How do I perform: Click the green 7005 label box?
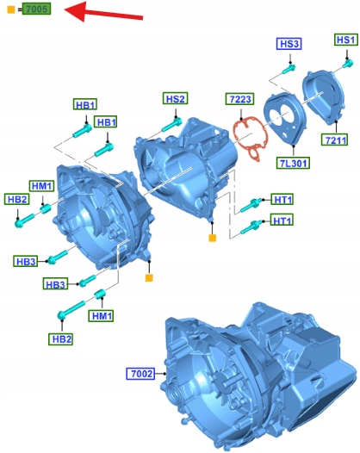(x=37, y=9)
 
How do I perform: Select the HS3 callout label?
(x=289, y=44)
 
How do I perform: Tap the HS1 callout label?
(x=346, y=40)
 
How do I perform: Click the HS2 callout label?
(x=176, y=98)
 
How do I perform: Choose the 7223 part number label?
(x=240, y=99)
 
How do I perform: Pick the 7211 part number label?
(x=334, y=140)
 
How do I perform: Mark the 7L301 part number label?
(x=294, y=163)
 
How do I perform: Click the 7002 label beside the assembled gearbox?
(x=141, y=374)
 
